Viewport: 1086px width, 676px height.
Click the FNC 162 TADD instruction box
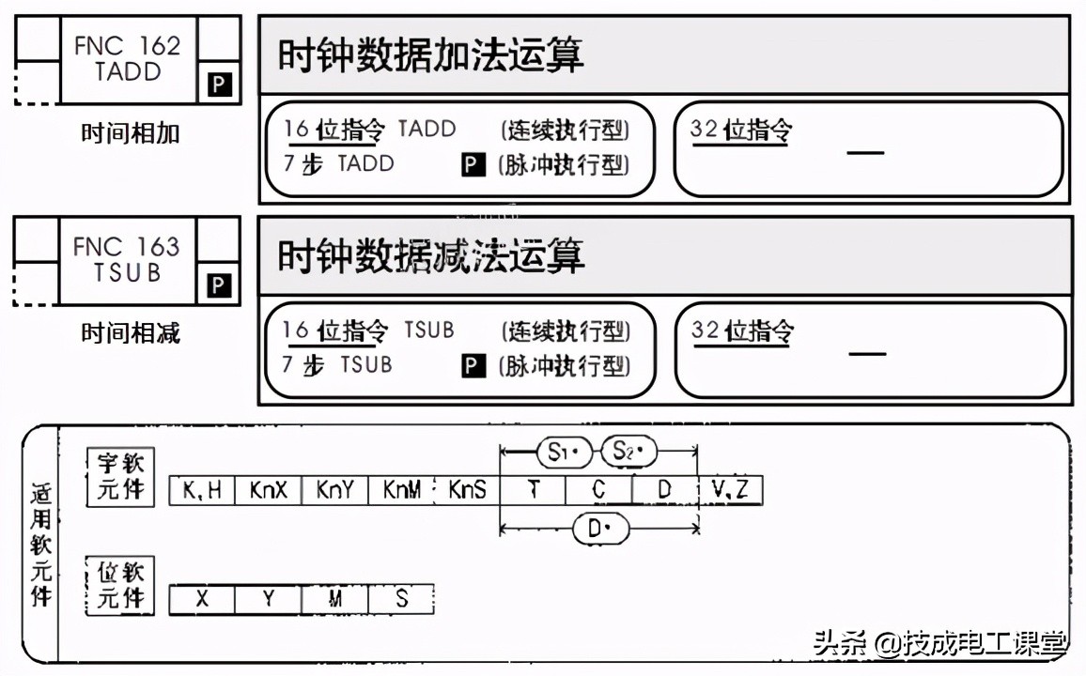point(128,58)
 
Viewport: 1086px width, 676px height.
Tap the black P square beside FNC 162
point(219,85)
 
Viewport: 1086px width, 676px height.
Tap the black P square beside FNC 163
point(219,285)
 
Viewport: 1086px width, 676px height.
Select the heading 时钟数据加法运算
point(431,55)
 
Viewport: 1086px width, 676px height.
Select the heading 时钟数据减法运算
point(431,255)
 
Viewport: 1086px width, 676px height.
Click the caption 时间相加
point(130,133)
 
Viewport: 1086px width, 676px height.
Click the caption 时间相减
point(130,333)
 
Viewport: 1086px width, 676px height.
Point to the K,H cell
point(202,490)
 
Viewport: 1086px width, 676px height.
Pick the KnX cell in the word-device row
point(268,490)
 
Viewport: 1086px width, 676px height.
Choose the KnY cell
point(334,490)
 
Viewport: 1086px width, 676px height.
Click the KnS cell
point(467,490)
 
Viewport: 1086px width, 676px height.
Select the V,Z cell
point(732,490)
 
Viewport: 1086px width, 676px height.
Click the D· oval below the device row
point(599,529)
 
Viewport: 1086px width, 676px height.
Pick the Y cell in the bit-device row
point(268,598)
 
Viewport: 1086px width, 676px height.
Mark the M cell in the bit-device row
point(334,598)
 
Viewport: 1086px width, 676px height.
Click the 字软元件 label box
point(120,476)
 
